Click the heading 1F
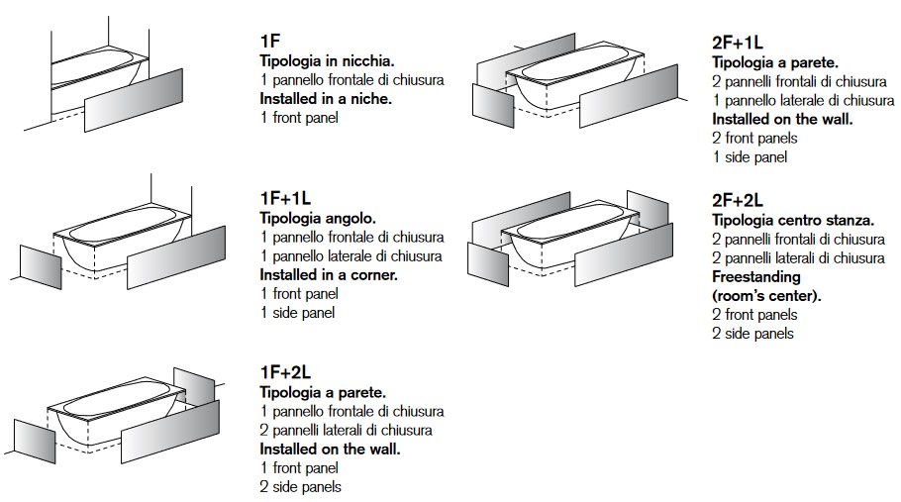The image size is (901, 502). [269, 42]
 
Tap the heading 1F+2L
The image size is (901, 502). [285, 372]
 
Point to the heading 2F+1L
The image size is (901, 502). [738, 42]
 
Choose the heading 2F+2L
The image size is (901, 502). [738, 198]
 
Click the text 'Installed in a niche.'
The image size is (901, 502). [326, 99]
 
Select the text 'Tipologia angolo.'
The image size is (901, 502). [318, 218]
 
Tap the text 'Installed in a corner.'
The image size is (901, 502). [329, 274]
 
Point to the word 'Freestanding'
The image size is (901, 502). [755, 276]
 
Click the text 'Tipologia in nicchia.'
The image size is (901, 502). [327, 60]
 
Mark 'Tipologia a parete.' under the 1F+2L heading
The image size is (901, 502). [323, 392]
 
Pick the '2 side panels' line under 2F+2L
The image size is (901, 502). [752, 334]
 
